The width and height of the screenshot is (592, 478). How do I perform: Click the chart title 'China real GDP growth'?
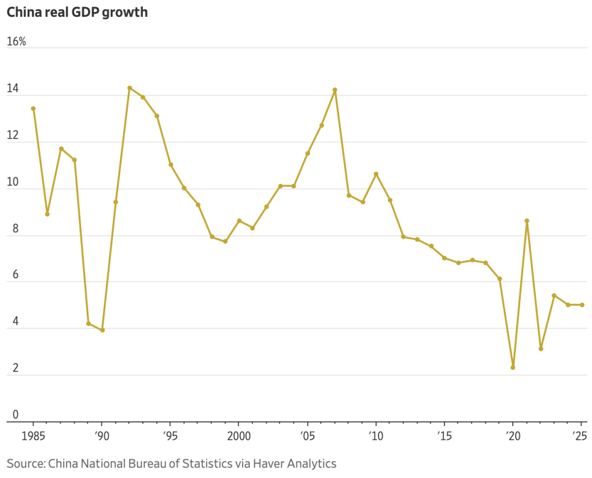(77, 12)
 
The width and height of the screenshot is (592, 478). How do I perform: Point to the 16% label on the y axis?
(16, 42)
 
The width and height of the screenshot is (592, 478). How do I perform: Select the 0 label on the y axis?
(16, 414)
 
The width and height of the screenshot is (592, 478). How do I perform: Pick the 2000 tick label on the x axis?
(238, 434)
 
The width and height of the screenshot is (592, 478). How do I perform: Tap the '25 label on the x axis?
(581, 434)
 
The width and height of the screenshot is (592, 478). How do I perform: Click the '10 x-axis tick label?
(376, 434)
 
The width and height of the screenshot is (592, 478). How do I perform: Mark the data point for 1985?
(33, 108)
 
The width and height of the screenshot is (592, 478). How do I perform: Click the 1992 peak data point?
(129, 88)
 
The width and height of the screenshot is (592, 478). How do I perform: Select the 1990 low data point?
(102, 330)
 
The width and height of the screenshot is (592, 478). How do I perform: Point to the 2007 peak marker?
(334, 90)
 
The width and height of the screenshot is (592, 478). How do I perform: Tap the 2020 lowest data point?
(513, 368)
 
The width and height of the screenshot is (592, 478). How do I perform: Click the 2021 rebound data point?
(527, 220)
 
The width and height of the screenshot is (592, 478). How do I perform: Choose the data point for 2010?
(376, 174)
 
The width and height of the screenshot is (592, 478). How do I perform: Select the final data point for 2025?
(582, 305)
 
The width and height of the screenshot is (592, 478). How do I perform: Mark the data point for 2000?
(239, 221)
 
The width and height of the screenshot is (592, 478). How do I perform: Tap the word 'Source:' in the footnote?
(25, 463)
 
